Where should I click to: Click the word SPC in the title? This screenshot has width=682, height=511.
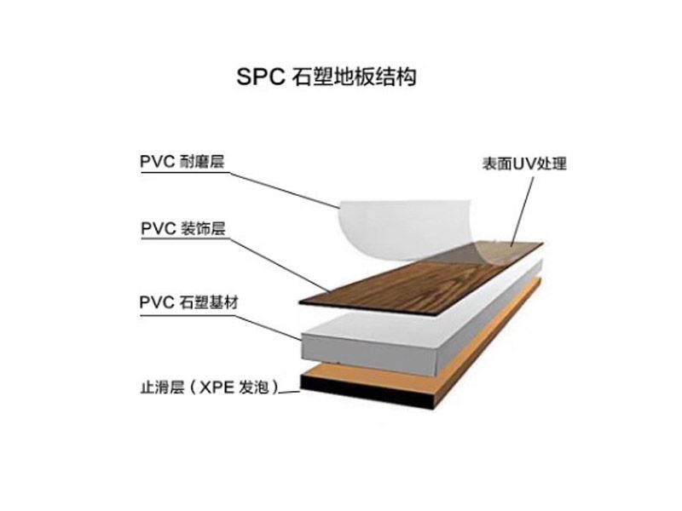261,77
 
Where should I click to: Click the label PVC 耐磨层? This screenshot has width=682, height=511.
182,161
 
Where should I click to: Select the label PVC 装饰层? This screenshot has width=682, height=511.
183,228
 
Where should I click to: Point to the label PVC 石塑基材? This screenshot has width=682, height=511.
188,302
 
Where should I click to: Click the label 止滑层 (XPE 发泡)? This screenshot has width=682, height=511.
209,387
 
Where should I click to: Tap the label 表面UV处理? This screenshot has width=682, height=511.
524,164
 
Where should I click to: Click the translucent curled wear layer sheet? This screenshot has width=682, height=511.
404,230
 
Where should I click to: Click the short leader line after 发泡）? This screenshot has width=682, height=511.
289,393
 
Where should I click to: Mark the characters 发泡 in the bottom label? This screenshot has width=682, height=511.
253,387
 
